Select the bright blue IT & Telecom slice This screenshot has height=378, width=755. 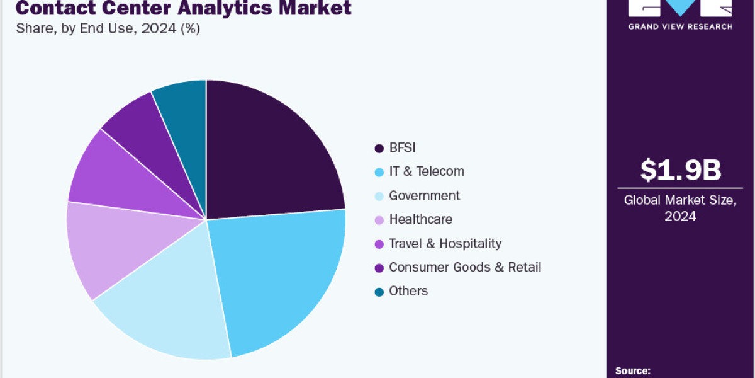point(283,277)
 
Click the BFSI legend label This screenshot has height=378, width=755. point(402,148)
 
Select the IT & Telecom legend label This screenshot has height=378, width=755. point(427,171)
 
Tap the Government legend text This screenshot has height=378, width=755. point(424,195)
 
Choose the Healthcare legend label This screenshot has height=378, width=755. point(420,219)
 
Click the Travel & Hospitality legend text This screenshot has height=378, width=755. point(445,243)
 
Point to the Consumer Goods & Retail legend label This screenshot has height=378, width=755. point(465,267)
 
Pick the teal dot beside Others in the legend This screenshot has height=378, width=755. point(379,292)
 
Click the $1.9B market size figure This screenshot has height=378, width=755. point(680,170)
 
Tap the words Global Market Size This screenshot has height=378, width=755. point(680,200)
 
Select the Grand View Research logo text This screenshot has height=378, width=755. point(680,26)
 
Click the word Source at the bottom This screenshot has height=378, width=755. point(632,371)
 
